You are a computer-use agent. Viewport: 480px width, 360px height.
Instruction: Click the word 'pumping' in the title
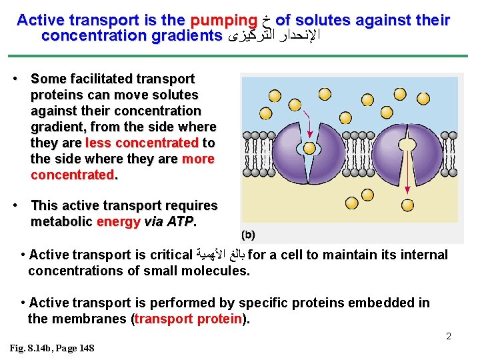pos(223,21)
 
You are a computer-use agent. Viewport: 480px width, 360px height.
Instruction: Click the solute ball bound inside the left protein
pos(309,148)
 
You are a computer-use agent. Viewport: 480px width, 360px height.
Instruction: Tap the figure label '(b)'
pos(247,235)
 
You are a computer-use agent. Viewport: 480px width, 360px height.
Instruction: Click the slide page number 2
pos(449,336)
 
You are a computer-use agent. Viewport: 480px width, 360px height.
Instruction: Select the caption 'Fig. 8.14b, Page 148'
pos(52,349)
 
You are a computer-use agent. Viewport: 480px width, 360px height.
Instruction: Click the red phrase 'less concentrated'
pos(143,143)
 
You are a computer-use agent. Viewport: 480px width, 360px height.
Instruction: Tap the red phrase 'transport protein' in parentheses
pos(189,319)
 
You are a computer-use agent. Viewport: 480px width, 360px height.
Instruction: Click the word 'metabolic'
pos(61,221)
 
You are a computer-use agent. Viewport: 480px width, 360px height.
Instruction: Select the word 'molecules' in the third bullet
pos(217,271)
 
